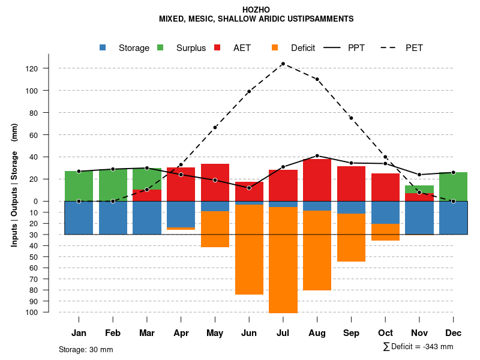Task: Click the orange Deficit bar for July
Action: (x=283, y=260)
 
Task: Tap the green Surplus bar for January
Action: (x=79, y=186)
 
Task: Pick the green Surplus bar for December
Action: (x=454, y=187)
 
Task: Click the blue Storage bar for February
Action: (x=113, y=218)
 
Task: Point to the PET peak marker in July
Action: (x=283, y=64)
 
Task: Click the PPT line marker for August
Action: (x=317, y=156)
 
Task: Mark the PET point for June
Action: (x=249, y=92)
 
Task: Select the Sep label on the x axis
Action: (x=352, y=333)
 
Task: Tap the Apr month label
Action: (x=181, y=333)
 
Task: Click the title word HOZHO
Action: (x=256, y=10)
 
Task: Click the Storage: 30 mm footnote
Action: (x=86, y=349)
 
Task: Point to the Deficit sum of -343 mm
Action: (x=418, y=347)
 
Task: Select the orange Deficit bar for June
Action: (x=249, y=250)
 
